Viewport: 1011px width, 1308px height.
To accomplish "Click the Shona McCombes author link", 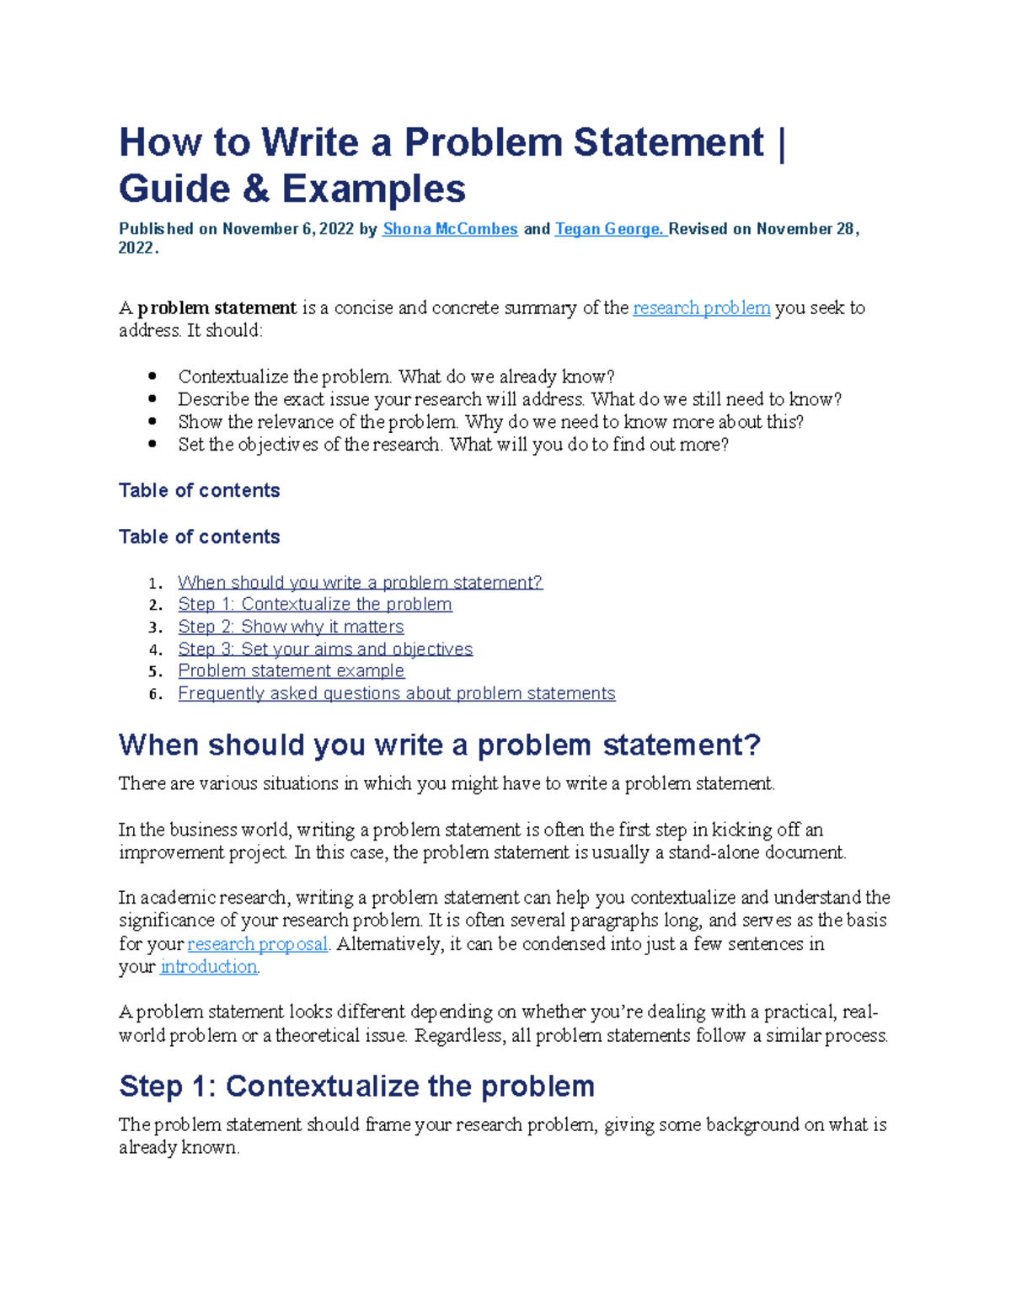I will (450, 229).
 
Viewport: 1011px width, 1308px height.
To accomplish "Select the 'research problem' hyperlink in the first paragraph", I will (701, 308).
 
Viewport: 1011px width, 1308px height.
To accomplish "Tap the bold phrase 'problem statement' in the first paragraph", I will (217, 308).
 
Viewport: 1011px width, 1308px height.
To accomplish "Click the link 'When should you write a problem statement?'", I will (360, 582).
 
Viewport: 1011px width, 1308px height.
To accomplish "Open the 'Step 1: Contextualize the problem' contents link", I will (315, 604).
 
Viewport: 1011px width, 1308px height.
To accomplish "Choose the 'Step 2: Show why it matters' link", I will (291, 627).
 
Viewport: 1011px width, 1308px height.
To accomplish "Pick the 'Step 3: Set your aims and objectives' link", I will (325, 649).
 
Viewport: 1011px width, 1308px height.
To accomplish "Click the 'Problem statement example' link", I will (291, 670).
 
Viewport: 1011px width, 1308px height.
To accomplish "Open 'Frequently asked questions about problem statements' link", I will (396, 693).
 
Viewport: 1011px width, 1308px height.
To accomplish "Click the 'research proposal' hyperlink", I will (257, 944).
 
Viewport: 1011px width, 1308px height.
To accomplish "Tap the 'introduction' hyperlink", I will (208, 967).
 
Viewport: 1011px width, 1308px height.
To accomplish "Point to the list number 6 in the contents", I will (153, 694).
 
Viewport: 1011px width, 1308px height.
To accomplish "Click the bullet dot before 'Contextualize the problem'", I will (152, 376).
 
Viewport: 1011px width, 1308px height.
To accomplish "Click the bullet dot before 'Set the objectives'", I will (152, 444).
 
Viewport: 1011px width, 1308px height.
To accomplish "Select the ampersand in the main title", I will (255, 189).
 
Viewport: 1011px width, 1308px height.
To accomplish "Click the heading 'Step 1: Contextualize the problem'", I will (356, 1086).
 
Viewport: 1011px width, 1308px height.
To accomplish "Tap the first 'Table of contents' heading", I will (199, 490).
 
